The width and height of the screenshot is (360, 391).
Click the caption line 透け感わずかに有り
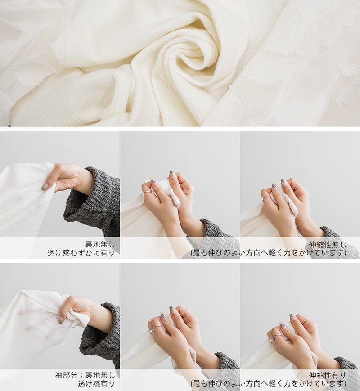tap(81, 253)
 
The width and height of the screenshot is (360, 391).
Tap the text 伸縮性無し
tap(328, 245)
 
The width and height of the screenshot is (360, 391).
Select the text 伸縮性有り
tap(328, 375)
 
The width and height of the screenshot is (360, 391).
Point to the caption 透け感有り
tap(96, 383)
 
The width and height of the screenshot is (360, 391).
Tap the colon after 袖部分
tap(81, 375)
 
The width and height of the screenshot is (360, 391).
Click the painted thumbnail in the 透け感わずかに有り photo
tap(45, 187)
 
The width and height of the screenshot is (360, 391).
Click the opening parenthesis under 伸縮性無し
tap(192, 253)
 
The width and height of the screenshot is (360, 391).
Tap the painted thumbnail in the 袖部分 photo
tap(61, 320)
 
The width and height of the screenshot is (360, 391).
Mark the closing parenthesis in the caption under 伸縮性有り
tap(345, 383)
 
